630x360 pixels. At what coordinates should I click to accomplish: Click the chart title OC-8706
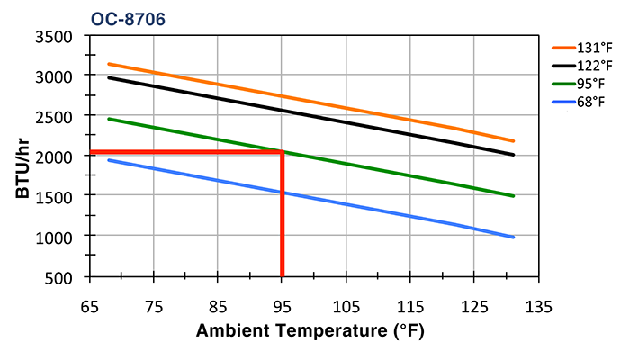tap(127, 18)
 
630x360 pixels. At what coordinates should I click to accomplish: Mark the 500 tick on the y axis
tap(58, 275)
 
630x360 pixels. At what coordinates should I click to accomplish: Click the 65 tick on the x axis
tap(89, 303)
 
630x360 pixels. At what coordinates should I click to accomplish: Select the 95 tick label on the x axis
tap(283, 303)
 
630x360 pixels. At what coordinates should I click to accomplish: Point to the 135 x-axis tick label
tap(539, 303)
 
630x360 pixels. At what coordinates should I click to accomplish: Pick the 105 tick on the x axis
tap(346, 303)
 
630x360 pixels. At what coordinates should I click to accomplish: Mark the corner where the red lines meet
tap(283, 152)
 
